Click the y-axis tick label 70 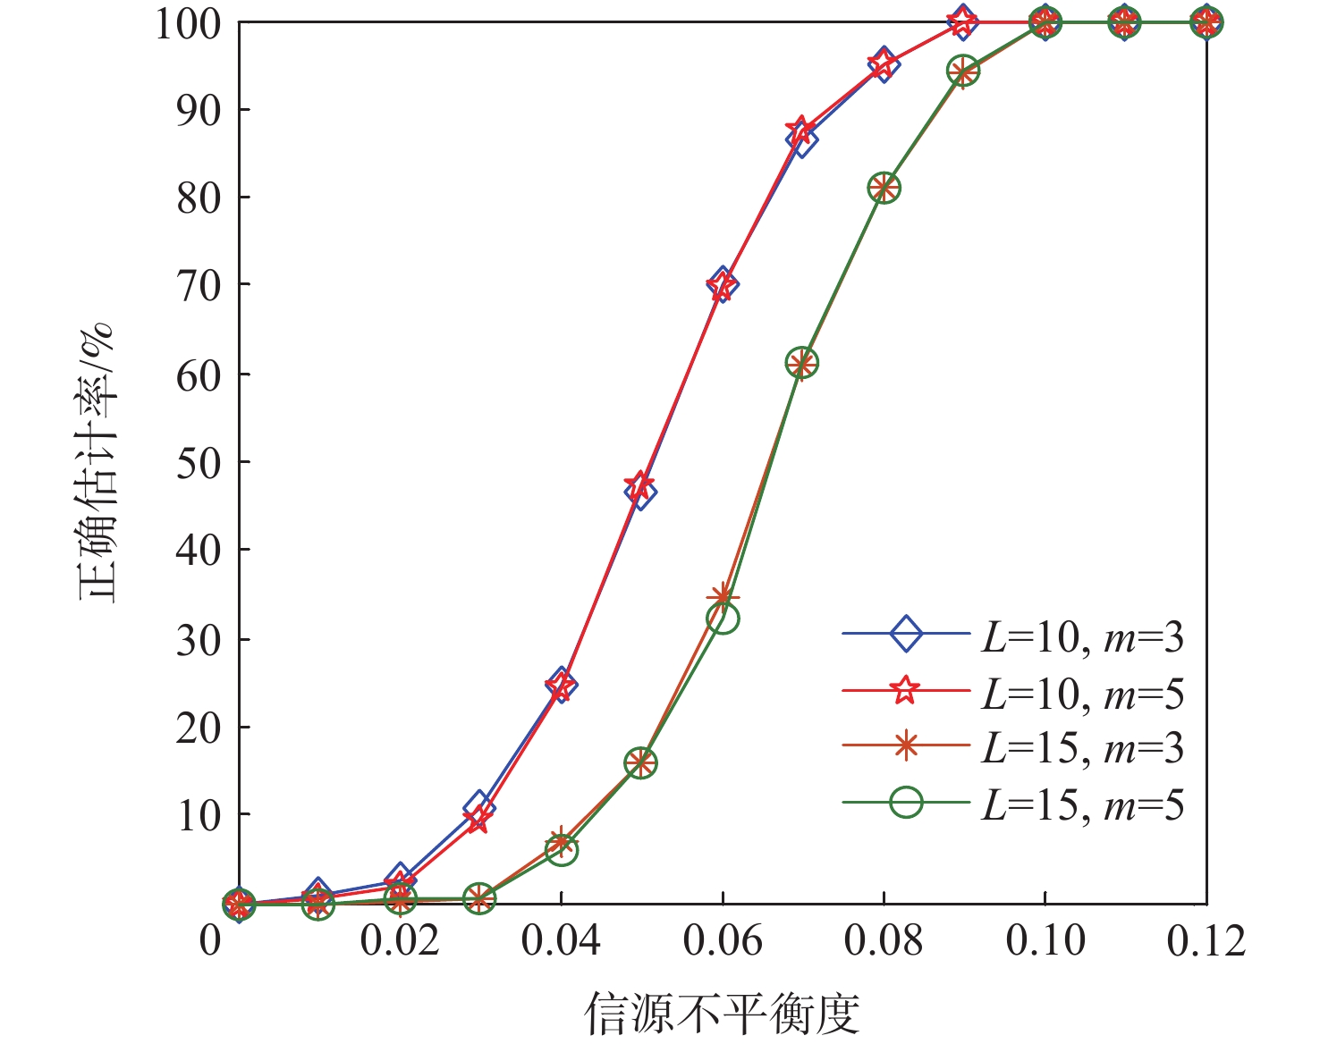pyautogui.click(x=199, y=286)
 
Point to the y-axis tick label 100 pyautogui.click(x=188, y=23)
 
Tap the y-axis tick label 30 pyautogui.click(x=199, y=640)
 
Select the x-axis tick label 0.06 pyautogui.click(x=723, y=941)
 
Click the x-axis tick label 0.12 pyautogui.click(x=1206, y=941)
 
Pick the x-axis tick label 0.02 pyautogui.click(x=400, y=941)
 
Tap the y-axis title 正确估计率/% pyautogui.click(x=97, y=463)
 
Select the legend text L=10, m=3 pyautogui.click(x=1083, y=637)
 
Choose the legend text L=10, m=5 pyautogui.click(x=1083, y=694)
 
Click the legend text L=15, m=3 pyautogui.click(x=1083, y=749)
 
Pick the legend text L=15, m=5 pyautogui.click(x=1083, y=805)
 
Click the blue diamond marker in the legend pyautogui.click(x=906, y=635)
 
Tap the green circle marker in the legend pyautogui.click(x=906, y=802)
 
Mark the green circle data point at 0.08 pyautogui.click(x=884, y=188)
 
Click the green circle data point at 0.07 pyautogui.click(x=802, y=363)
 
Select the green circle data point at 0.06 pyautogui.click(x=723, y=618)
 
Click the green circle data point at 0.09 pyautogui.click(x=963, y=71)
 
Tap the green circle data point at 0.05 pyautogui.click(x=640, y=763)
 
